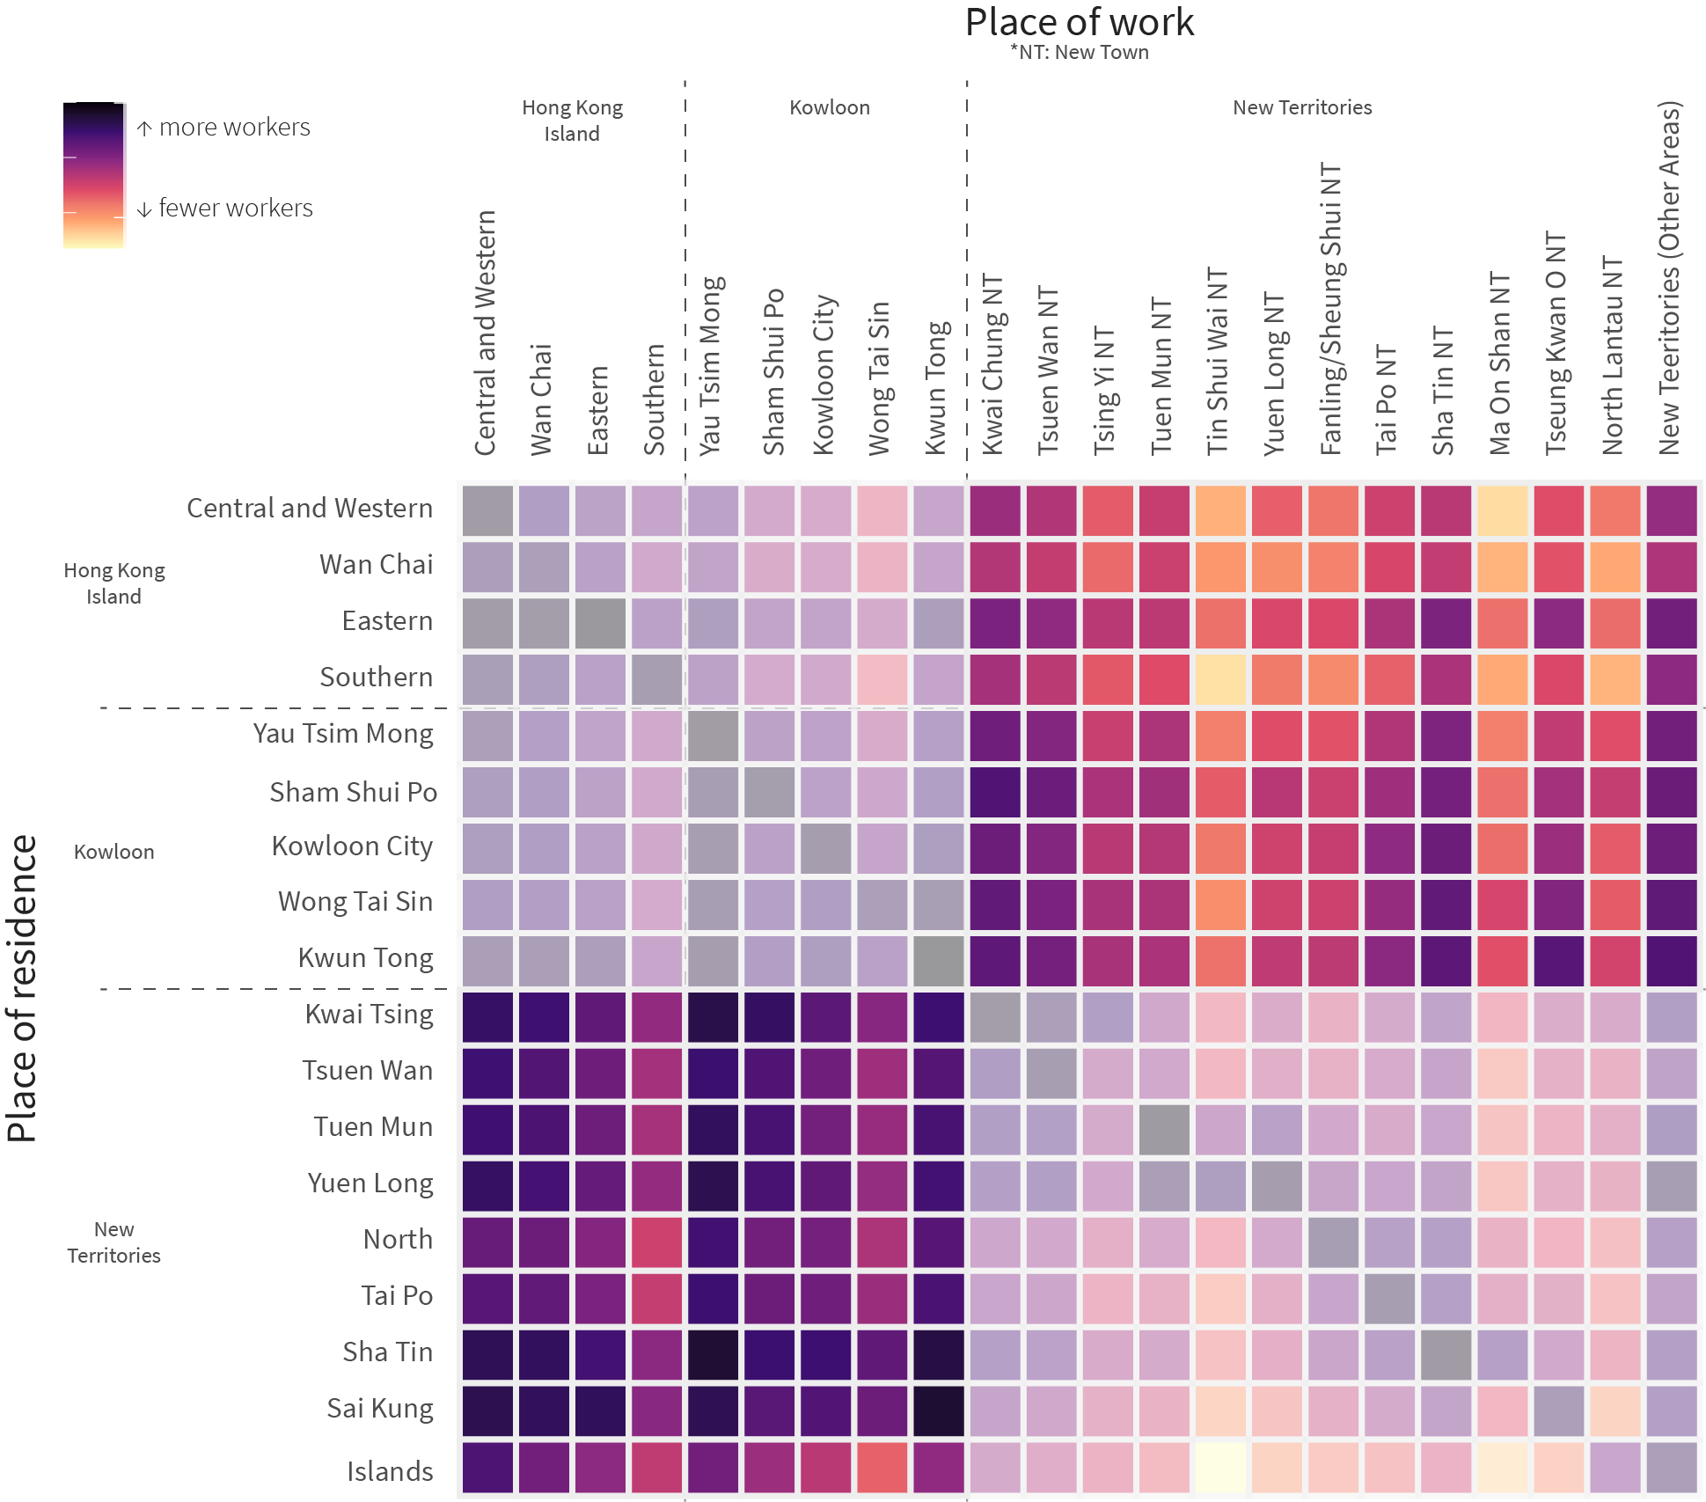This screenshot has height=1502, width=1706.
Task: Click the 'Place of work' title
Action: point(1079,23)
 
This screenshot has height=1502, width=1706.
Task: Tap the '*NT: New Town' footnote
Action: point(1079,53)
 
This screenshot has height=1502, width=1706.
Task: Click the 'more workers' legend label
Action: point(234,128)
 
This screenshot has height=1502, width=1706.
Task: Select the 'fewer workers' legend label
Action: point(235,209)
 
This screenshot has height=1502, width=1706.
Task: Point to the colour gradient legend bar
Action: point(93,175)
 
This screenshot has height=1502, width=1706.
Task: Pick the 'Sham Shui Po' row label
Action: point(353,792)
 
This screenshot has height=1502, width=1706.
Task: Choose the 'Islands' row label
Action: point(390,1471)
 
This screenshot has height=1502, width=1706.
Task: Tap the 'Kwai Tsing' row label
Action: point(369,1014)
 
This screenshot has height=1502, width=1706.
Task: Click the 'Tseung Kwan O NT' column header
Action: point(1556,343)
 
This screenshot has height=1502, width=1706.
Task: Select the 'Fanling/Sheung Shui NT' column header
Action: point(1330,308)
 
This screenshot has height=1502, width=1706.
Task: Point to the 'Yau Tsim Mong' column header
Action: point(711,365)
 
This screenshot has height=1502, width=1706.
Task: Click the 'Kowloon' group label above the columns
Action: point(829,107)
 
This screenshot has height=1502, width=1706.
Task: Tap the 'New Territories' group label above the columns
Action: point(1302,107)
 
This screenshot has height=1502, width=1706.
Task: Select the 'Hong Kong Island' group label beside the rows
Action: point(114,583)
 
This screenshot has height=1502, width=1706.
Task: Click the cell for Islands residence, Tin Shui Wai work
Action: point(1220,1468)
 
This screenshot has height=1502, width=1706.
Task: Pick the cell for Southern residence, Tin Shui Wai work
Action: point(1220,679)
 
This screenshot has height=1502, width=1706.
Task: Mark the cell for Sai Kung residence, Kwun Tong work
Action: point(939,1411)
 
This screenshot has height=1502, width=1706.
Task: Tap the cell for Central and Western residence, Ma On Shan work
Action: point(1502,510)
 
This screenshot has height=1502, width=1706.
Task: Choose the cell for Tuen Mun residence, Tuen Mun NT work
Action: point(1164,1130)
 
